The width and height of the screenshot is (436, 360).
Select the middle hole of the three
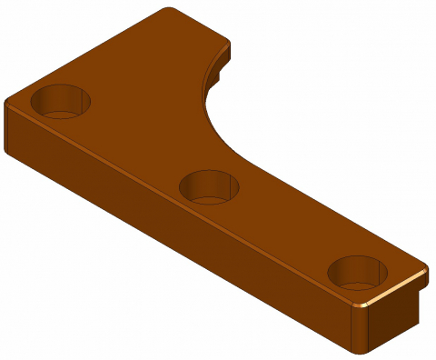tap(209, 186)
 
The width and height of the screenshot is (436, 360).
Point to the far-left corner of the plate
tap(7, 100)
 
